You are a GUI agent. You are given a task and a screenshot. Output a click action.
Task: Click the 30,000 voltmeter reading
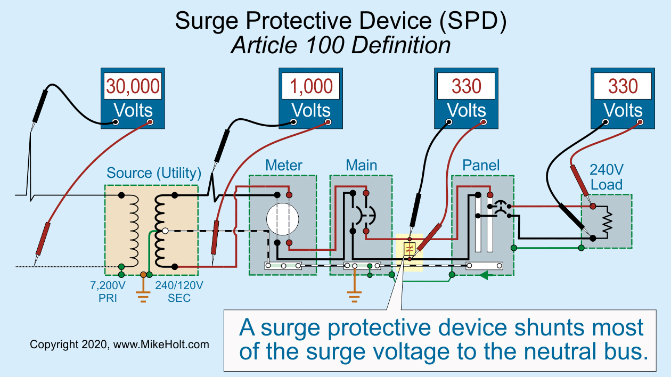point(133,86)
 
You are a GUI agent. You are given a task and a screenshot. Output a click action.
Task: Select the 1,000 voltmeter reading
point(311,86)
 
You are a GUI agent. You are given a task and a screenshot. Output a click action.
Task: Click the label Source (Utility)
point(154,173)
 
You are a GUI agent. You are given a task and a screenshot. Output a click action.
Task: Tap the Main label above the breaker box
point(361,165)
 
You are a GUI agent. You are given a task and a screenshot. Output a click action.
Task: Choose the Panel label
point(481,165)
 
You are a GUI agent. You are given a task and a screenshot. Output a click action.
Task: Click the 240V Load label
point(606,177)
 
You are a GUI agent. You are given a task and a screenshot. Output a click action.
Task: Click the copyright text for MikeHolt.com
point(119,345)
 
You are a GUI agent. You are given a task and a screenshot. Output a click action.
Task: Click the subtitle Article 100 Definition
point(340,45)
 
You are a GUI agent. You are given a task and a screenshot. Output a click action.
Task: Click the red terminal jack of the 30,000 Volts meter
point(150,122)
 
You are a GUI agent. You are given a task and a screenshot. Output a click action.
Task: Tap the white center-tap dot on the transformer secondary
point(165,231)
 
